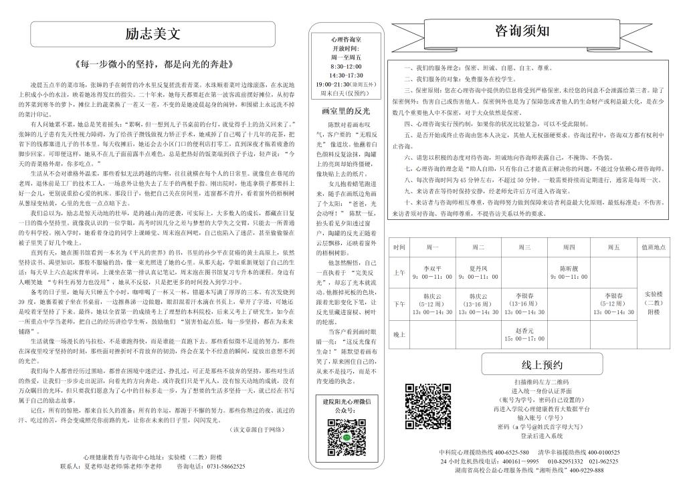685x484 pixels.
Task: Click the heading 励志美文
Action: pyautogui.click(x=153, y=33)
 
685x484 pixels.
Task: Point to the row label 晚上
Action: pyautogui.click(x=399, y=334)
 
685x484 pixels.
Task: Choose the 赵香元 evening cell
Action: pyautogui.click(x=524, y=334)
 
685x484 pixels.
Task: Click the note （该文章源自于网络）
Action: pyautogui.click(x=256, y=429)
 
